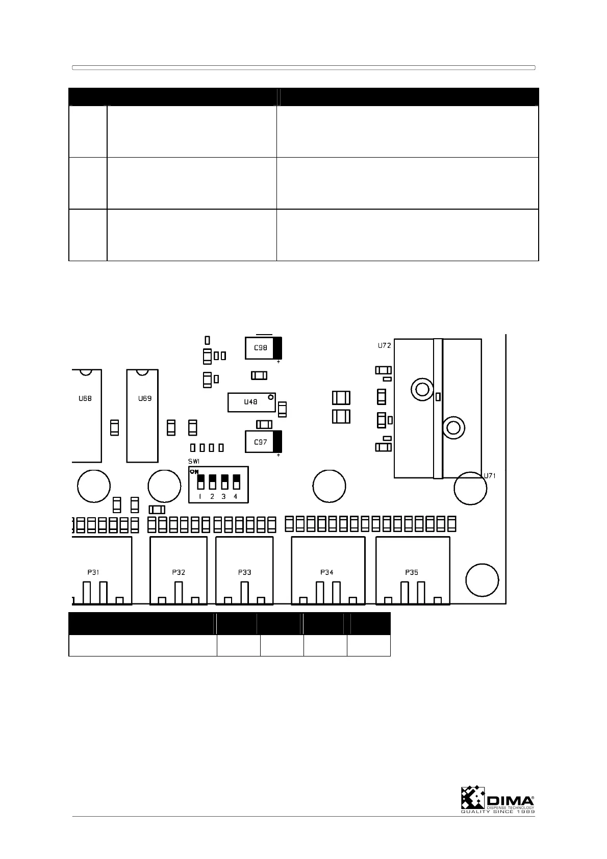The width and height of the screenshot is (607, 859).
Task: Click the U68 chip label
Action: click(85, 398)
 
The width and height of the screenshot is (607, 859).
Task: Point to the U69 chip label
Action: click(145, 398)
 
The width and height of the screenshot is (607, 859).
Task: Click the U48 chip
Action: click(251, 402)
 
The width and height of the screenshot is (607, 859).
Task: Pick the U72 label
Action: click(385, 345)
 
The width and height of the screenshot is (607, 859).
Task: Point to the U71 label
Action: click(490, 475)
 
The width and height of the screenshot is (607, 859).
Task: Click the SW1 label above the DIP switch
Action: click(194, 461)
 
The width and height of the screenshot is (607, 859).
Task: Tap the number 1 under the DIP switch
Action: click(200, 496)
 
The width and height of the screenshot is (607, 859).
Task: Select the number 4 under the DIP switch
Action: click(236, 496)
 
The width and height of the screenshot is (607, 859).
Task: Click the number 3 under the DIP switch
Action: click(223, 496)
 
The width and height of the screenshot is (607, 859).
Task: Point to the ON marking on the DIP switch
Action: click(194, 472)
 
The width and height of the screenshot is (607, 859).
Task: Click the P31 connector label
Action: click(92, 572)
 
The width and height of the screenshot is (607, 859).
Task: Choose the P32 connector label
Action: click(179, 572)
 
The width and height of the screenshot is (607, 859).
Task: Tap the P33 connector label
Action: click(244, 572)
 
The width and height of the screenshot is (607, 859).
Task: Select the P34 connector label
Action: click(327, 572)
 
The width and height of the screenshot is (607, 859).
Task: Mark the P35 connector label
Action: click(412, 572)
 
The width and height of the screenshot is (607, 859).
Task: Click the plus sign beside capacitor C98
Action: click(279, 362)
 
